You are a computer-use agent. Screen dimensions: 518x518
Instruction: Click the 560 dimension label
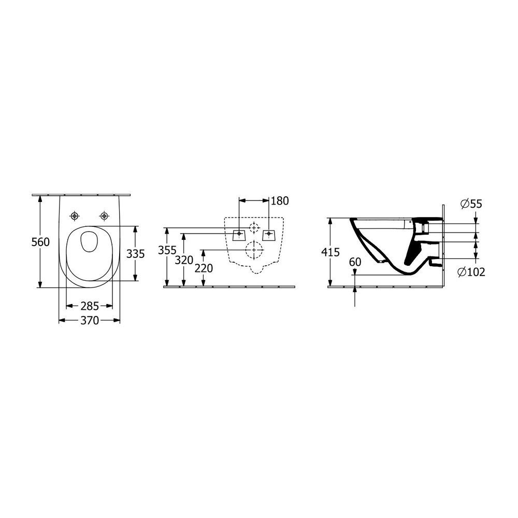[40, 242]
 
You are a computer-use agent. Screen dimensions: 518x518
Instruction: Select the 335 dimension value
[135, 254]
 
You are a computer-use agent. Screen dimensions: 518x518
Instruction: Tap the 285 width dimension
[90, 307]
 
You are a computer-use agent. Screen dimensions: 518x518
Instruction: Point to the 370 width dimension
[90, 321]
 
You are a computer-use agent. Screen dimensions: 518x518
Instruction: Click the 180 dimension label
[280, 201]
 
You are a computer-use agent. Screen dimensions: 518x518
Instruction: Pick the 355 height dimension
[167, 250]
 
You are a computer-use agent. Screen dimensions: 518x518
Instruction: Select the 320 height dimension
[184, 261]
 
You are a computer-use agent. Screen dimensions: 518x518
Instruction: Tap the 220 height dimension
[204, 268]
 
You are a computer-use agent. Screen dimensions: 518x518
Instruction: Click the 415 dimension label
[330, 252]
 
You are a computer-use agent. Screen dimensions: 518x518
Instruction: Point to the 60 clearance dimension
[355, 262]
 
